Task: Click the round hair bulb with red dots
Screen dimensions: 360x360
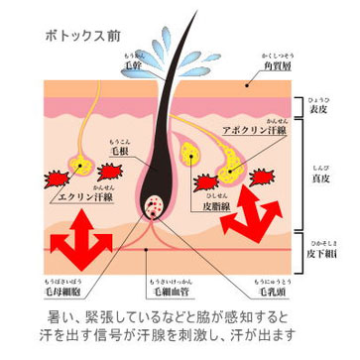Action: [157, 208]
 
